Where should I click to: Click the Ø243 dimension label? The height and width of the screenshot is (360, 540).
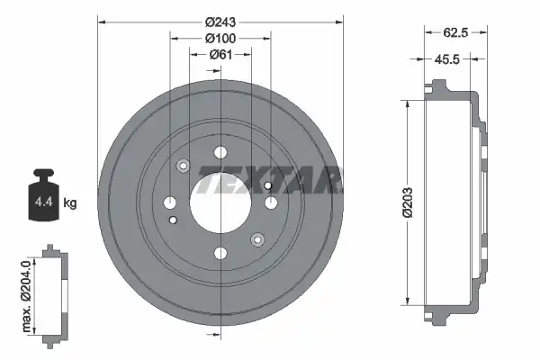pyautogui.click(x=220, y=22)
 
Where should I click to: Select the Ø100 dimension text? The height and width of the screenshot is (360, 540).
pyautogui.click(x=220, y=38)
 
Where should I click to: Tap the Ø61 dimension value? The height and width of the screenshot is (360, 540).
pyautogui.click(x=220, y=54)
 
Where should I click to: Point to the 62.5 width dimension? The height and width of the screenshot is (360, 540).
pyautogui.click(x=455, y=32)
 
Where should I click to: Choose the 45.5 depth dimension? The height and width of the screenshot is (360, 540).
pyautogui.click(x=447, y=59)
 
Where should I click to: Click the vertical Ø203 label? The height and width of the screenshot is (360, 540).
pyautogui.click(x=408, y=202)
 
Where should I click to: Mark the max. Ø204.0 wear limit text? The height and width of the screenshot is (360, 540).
pyautogui.click(x=26, y=296)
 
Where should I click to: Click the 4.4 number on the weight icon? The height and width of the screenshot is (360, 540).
pyautogui.click(x=44, y=202)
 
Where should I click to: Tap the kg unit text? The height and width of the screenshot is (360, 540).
pyautogui.click(x=70, y=202)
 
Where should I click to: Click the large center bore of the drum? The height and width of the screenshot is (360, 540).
pyautogui.click(x=220, y=202)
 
